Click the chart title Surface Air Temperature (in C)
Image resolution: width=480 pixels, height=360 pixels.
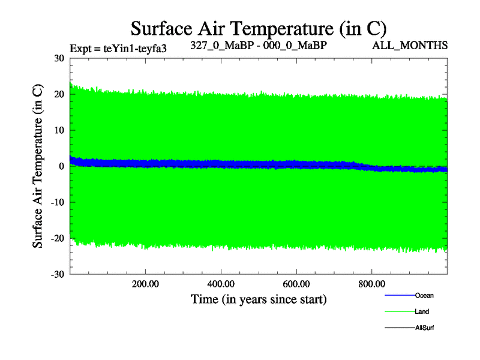pyautogui.click(x=258, y=28)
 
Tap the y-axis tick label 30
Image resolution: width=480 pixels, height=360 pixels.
pyautogui.click(x=59, y=58)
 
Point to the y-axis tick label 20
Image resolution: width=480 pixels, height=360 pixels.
pyautogui.click(x=59, y=94)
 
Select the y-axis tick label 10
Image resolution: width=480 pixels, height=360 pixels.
pyautogui.click(x=59, y=130)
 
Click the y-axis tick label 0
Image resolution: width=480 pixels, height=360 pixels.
pyautogui.click(x=61, y=166)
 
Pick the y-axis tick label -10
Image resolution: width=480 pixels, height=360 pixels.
pyautogui.click(x=57, y=202)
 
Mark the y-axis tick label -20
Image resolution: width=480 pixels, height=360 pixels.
pyautogui.click(x=57, y=238)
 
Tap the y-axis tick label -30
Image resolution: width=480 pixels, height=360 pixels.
pyautogui.click(x=57, y=274)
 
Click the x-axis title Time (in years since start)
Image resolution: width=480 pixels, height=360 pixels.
pyautogui.click(x=259, y=299)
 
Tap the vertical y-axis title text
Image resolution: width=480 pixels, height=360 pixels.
pyautogui.click(x=38, y=166)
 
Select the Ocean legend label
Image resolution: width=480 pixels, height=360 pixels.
pyautogui.click(x=424, y=295)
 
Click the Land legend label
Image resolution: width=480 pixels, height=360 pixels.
pyautogui.click(x=422, y=311)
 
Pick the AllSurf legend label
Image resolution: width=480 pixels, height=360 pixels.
pyautogui.click(x=424, y=328)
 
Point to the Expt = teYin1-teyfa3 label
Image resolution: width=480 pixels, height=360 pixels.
pyautogui.click(x=118, y=49)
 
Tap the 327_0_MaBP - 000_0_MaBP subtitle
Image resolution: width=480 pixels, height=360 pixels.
pyautogui.click(x=259, y=45)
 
